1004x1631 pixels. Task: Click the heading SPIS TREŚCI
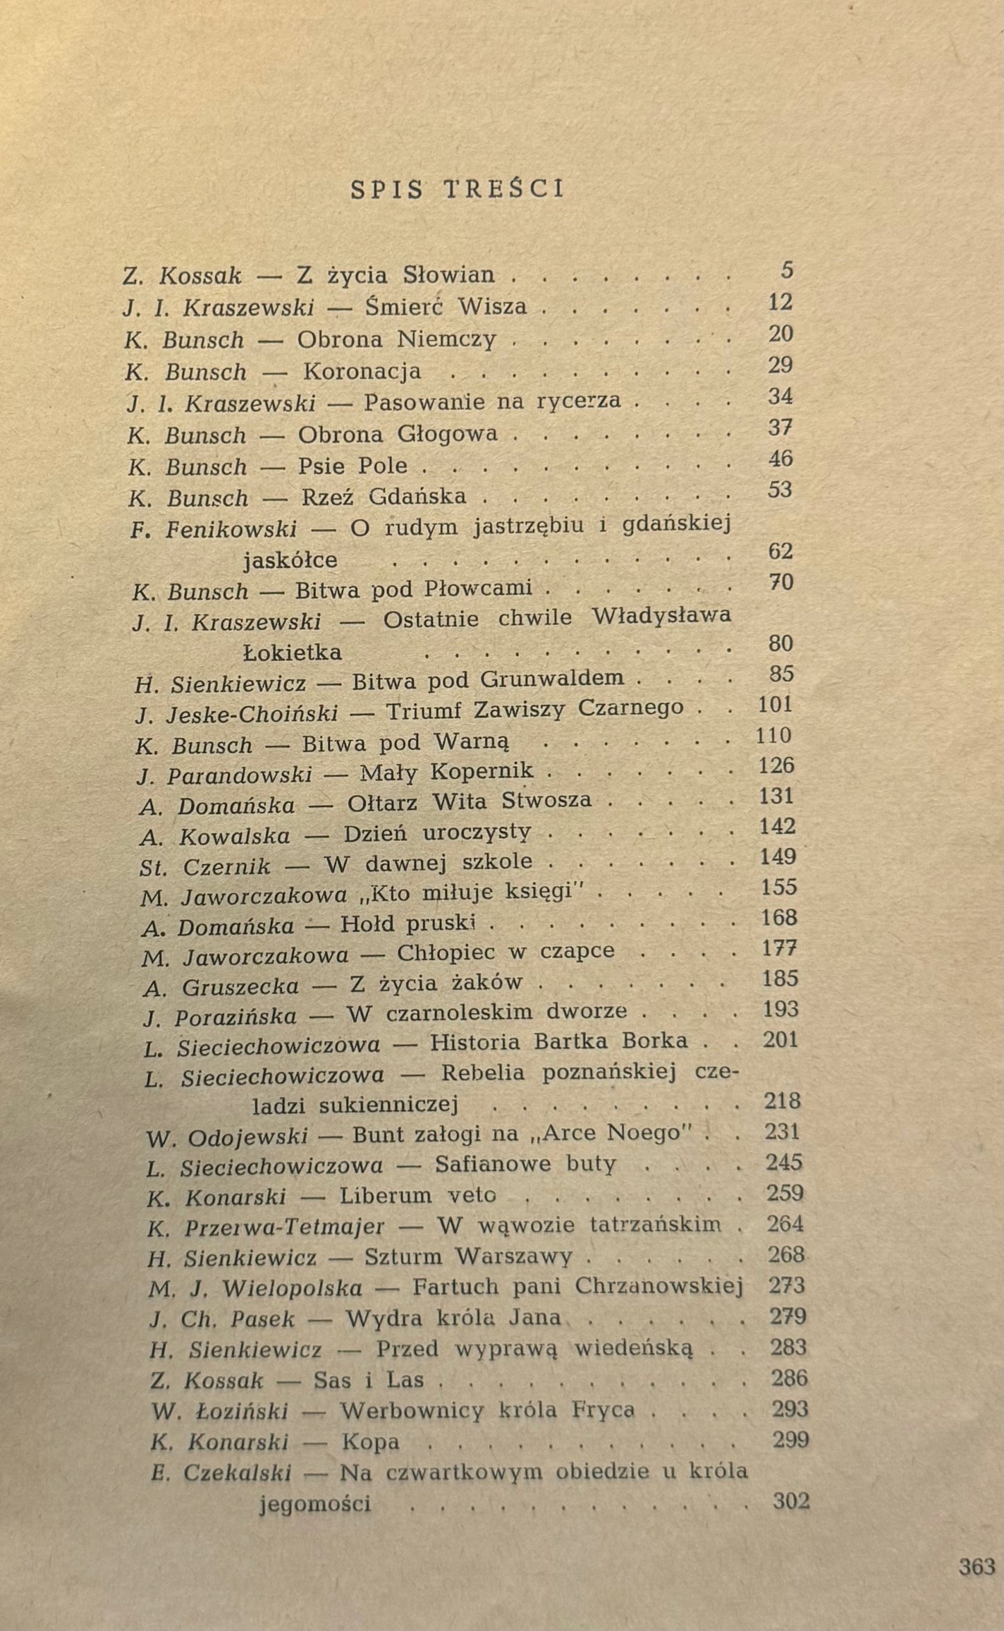[x=458, y=190]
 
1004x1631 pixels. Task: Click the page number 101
[x=775, y=705]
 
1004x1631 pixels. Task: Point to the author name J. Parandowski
[x=224, y=774]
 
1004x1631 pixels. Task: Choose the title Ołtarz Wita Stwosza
[x=469, y=802]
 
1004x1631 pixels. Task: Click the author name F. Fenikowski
[x=213, y=530]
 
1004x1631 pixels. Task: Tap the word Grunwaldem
[x=552, y=679]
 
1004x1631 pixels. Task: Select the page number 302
[x=791, y=1502]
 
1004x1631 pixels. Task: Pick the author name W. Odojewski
[x=227, y=1137]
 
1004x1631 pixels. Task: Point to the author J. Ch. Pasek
[x=222, y=1319]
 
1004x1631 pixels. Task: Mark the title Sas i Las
[x=368, y=1379]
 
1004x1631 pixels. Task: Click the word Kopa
[x=370, y=1442]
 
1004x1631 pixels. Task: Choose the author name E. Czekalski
[x=220, y=1472]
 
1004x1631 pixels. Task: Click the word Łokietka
[x=293, y=653]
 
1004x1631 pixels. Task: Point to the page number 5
[x=786, y=270]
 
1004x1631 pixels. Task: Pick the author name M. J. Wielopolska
[x=255, y=1288]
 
